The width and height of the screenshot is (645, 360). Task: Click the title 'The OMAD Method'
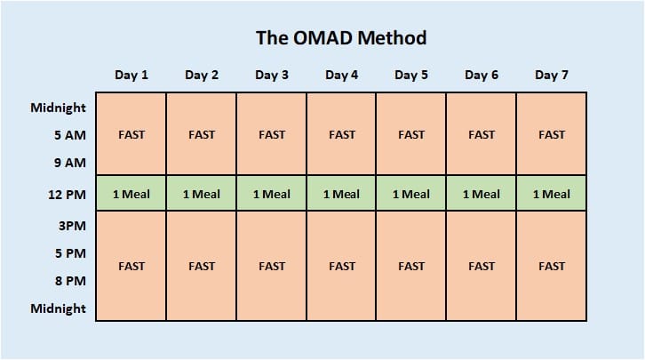pyautogui.click(x=341, y=38)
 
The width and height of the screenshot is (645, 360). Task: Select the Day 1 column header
pyautogui.click(x=131, y=75)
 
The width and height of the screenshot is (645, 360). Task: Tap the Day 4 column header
pyautogui.click(x=341, y=75)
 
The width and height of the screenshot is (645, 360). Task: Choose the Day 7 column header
pyautogui.click(x=551, y=75)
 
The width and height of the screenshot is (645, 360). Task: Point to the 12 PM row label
pyautogui.click(x=67, y=195)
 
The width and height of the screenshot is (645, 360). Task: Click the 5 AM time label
pyautogui.click(x=69, y=136)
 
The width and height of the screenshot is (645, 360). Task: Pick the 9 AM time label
pyautogui.click(x=69, y=163)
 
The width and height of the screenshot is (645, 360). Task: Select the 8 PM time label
pyautogui.click(x=69, y=281)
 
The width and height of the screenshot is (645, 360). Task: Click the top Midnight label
pyautogui.click(x=58, y=108)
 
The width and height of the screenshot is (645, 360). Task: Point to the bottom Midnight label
pyautogui.click(x=58, y=308)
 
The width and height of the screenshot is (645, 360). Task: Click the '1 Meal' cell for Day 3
pyautogui.click(x=271, y=194)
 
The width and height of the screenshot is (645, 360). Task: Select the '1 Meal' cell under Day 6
pyautogui.click(x=481, y=194)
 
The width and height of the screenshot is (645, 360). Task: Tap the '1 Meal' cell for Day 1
pyautogui.click(x=131, y=194)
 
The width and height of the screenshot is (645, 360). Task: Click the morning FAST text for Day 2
pyautogui.click(x=202, y=135)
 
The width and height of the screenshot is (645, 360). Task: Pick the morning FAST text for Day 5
pyautogui.click(x=411, y=135)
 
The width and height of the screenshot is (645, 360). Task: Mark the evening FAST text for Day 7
pyautogui.click(x=551, y=266)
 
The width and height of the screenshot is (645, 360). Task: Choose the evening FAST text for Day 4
pyautogui.click(x=341, y=266)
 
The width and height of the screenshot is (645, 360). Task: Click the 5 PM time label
pyautogui.click(x=69, y=253)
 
